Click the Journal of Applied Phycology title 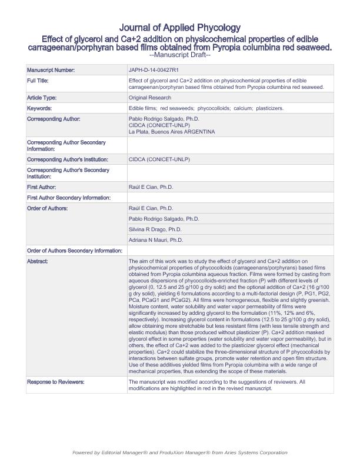coord(179,28)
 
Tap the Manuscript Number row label coord(51,70)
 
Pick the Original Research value coord(150,98)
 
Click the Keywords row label coord(39,108)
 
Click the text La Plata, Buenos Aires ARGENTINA coord(172,132)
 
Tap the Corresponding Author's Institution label coord(68,159)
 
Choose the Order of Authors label coord(48,208)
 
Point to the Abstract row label coord(38,261)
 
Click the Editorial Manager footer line coord(179,452)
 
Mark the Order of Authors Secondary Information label coord(75,251)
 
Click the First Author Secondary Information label coord(69,198)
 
